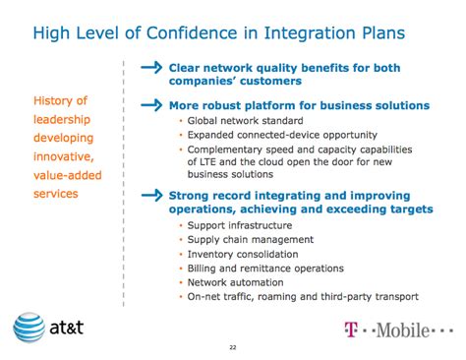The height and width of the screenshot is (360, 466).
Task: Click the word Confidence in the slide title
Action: (192, 33)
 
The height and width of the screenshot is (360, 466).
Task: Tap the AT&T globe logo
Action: (29, 328)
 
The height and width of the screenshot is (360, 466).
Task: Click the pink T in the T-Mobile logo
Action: (351, 330)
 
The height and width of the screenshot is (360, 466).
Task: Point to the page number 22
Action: (233, 347)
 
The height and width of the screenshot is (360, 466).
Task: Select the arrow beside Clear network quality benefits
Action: (151, 68)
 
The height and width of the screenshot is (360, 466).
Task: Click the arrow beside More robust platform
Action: (151, 105)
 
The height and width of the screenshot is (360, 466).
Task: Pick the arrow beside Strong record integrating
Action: (151, 196)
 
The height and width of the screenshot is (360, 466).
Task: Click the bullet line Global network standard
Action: (245, 121)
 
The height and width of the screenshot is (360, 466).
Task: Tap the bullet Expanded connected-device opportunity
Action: (282, 135)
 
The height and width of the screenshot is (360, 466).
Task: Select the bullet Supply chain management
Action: (251, 240)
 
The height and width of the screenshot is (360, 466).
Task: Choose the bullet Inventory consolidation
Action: (243, 254)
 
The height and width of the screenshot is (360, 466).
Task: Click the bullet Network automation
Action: (235, 282)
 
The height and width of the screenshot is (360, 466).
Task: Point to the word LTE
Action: (206, 162)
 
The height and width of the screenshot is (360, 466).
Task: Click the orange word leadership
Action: (62, 119)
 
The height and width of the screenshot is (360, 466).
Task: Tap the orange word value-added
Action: (68, 175)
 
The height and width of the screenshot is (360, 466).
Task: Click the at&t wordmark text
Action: (67, 328)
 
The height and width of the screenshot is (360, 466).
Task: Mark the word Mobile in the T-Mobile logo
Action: (403, 330)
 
